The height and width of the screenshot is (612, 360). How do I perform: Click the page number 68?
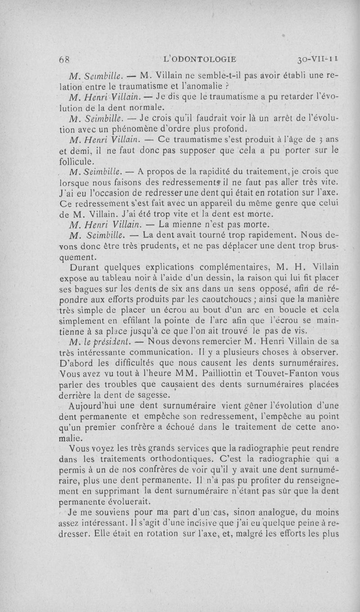(66, 59)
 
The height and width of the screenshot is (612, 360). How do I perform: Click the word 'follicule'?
(77, 161)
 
